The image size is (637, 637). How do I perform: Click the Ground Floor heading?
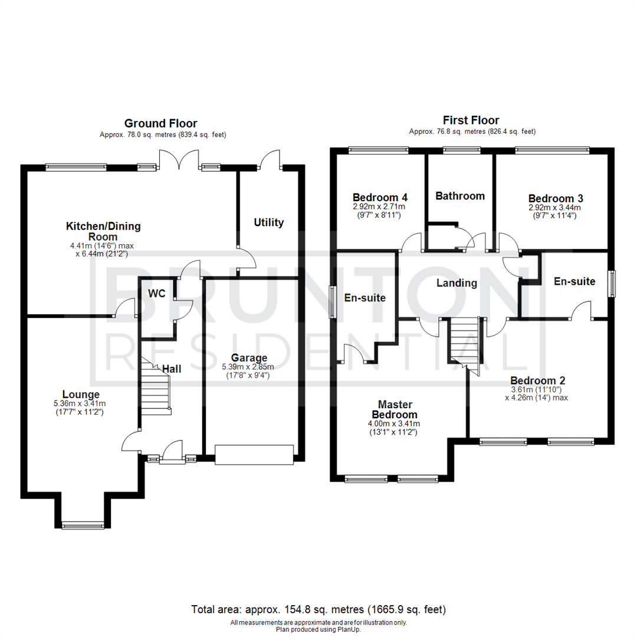click(x=160, y=123)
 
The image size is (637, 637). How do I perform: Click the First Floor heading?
click(x=471, y=120)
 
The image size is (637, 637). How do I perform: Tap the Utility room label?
click(x=268, y=222)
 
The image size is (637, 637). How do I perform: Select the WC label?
click(x=157, y=293)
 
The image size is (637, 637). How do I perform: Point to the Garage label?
click(x=249, y=358)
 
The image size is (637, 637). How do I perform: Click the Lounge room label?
click(x=81, y=394)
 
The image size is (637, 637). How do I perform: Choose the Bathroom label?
click(x=460, y=196)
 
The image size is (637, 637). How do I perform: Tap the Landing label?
click(x=457, y=283)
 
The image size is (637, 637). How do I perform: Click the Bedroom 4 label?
click(x=380, y=198)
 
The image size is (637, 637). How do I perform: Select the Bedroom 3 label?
click(x=556, y=198)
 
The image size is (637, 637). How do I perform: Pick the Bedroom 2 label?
click(x=537, y=380)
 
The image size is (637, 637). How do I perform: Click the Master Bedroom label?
click(x=395, y=409)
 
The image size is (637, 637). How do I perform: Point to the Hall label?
click(x=172, y=369)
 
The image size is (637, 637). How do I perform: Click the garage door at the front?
click(x=254, y=455)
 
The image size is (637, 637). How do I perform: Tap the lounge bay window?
click(x=83, y=526)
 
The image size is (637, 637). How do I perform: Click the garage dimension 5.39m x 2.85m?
click(x=248, y=367)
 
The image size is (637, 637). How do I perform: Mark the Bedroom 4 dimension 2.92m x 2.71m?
click(x=379, y=206)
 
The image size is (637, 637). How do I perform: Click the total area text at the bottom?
click(x=318, y=609)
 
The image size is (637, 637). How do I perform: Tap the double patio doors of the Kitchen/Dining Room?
click(x=179, y=160)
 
